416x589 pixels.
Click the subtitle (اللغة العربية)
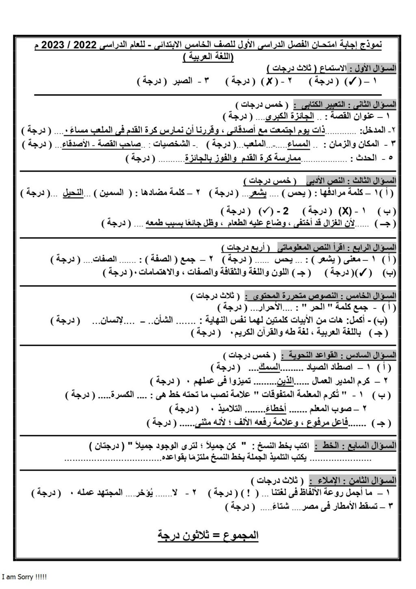pyautogui.click(x=207, y=57)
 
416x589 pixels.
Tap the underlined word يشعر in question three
pyautogui.click(x=255, y=193)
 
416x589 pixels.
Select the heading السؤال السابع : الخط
pyautogui.click(x=358, y=446)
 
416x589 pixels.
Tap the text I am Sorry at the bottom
pyautogui.click(x=25, y=577)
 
